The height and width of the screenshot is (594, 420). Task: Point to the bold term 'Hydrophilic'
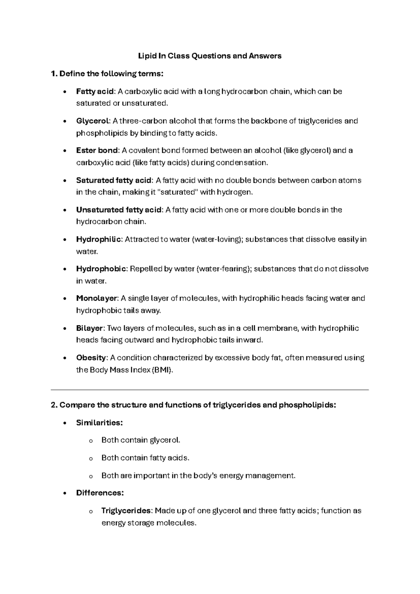pyautogui.click(x=99, y=240)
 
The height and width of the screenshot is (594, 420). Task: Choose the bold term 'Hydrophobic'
pyautogui.click(x=101, y=269)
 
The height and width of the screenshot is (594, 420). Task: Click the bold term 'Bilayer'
pyautogui.click(x=90, y=329)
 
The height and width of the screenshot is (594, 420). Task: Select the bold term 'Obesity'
pyautogui.click(x=91, y=358)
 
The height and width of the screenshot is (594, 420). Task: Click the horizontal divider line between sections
pyautogui.click(x=210, y=389)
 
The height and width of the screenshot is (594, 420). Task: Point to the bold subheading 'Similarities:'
pyautogui.click(x=99, y=423)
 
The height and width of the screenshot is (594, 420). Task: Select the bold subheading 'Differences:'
pyautogui.click(x=100, y=493)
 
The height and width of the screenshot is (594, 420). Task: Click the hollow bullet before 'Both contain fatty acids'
pyautogui.click(x=91, y=458)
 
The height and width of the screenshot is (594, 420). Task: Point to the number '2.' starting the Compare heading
pyautogui.click(x=54, y=405)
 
